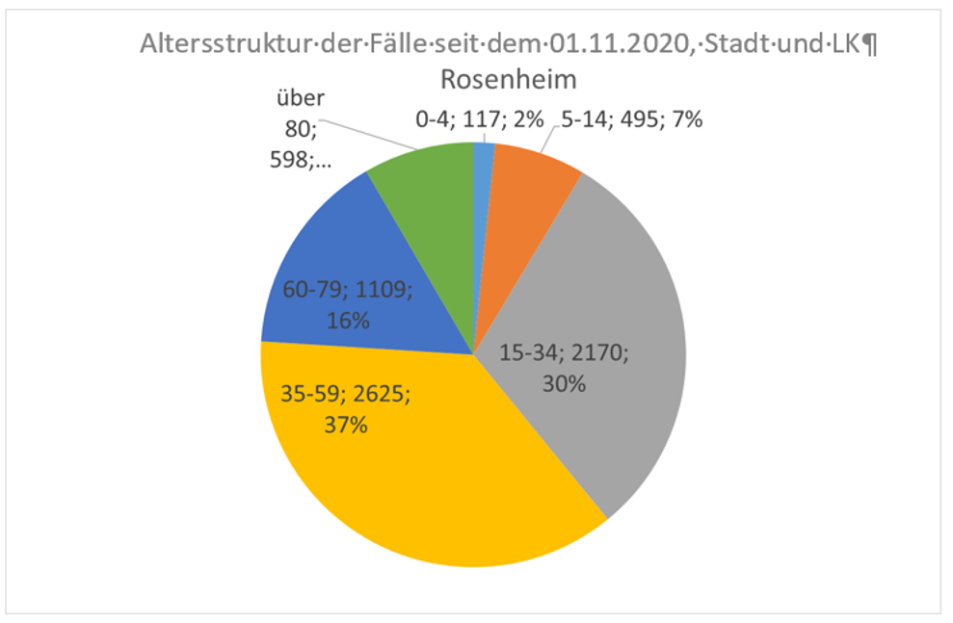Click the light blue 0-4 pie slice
click(484, 159)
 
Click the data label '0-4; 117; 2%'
click(480, 119)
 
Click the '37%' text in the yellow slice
click(346, 424)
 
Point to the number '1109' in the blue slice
click(380, 289)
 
